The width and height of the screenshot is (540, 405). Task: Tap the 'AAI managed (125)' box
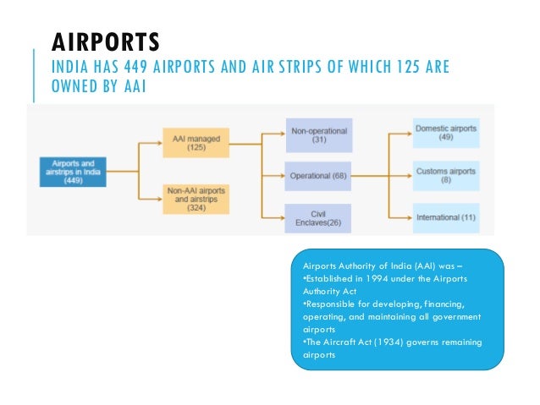click(196, 140)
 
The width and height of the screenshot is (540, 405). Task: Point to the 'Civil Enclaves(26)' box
click(318, 217)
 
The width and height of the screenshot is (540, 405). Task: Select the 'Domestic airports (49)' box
click(446, 134)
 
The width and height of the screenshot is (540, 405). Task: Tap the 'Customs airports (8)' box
click(447, 175)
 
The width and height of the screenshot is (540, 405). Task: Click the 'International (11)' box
click(446, 217)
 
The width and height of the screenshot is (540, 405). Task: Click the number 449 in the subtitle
click(141, 67)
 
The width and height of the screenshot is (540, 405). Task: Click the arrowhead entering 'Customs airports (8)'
click(409, 175)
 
